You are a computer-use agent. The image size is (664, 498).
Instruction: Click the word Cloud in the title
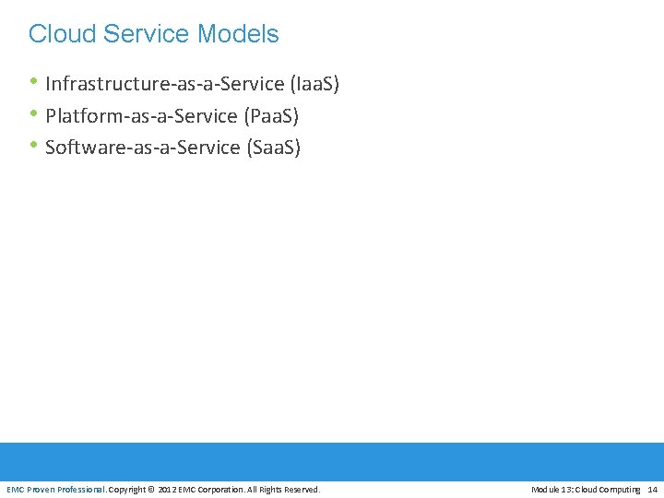point(62,34)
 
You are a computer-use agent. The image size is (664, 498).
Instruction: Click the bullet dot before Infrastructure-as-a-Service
point(34,83)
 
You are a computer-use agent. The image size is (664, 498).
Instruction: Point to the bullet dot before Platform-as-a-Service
point(34,115)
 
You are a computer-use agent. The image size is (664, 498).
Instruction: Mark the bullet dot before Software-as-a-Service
point(34,147)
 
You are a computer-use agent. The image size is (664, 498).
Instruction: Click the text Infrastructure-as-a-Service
point(164,85)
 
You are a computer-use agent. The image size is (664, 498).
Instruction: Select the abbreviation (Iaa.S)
point(314,85)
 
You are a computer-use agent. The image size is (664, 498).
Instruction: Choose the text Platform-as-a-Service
point(141,116)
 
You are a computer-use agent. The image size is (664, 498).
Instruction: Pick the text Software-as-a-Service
point(143,148)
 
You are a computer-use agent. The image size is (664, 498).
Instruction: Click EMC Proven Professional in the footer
point(56,489)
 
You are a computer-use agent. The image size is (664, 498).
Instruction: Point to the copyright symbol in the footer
point(152,489)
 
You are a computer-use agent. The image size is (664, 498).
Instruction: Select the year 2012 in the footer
point(168,489)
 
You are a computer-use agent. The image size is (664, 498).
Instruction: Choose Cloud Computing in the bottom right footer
point(609,489)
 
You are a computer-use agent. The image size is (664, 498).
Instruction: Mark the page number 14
point(653,489)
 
